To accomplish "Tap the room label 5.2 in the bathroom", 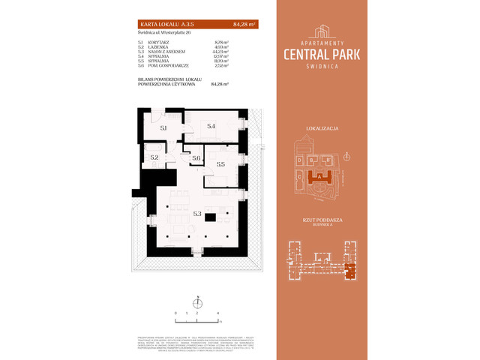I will coord(154,157).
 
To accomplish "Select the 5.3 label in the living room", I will coord(197,214).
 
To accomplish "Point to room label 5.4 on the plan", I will coord(211,126).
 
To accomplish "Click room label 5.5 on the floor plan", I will coord(220,163).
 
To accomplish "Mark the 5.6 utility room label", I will coord(196,157).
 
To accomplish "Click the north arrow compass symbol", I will coord(198,303).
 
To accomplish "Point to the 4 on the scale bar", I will coord(217,310).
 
